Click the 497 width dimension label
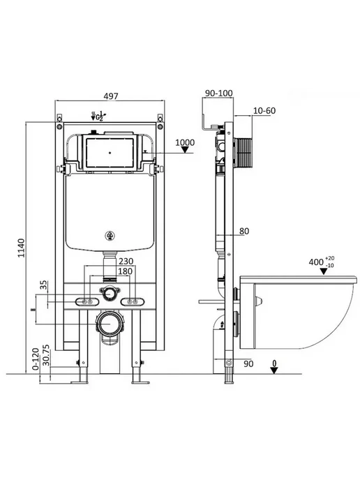110,96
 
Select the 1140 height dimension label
21,248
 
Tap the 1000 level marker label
185,142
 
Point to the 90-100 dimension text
219,93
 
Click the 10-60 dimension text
264,110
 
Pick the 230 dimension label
126,261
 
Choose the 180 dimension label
125,271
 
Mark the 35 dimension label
44,285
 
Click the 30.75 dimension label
46,355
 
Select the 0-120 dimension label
36,359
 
